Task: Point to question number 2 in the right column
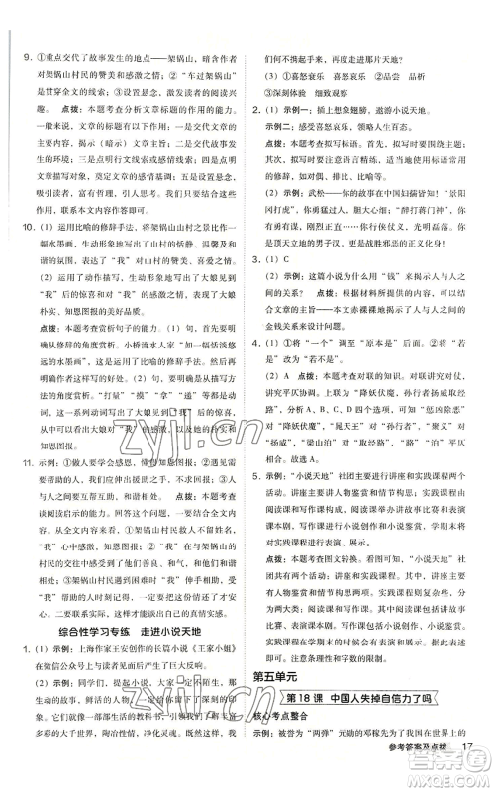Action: [254, 110]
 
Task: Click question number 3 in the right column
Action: [254, 260]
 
